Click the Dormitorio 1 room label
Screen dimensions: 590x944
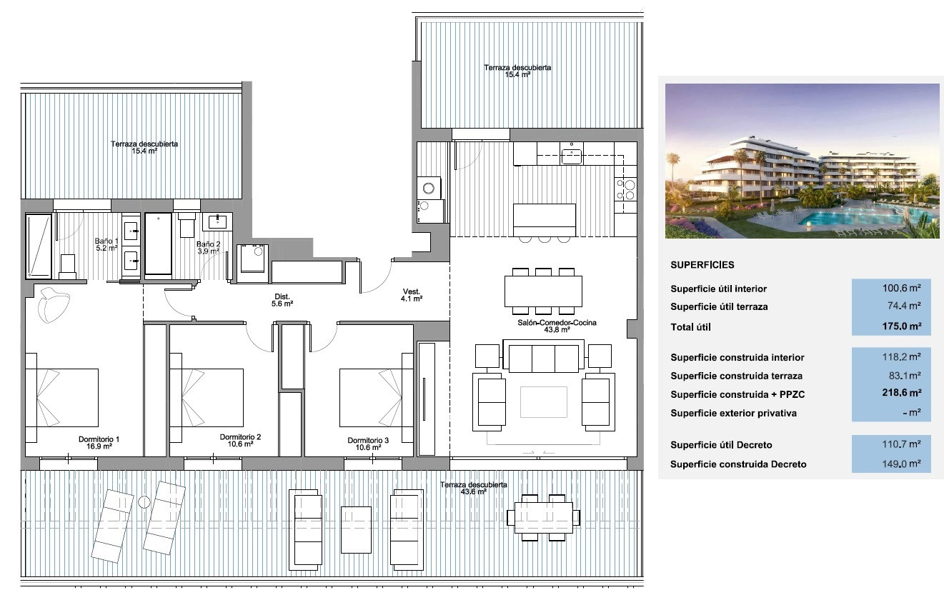(x=99, y=442)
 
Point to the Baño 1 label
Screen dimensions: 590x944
(x=106, y=244)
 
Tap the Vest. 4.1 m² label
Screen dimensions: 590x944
(x=411, y=295)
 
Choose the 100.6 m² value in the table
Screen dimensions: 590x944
(x=903, y=289)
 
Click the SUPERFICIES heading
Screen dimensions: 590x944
(x=702, y=264)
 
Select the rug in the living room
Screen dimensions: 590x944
(x=543, y=401)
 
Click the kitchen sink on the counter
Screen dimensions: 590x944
(x=572, y=154)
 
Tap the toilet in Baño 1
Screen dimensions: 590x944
(x=69, y=266)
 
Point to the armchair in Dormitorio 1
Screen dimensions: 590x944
(x=54, y=304)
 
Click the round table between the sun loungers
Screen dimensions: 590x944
(x=144, y=502)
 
